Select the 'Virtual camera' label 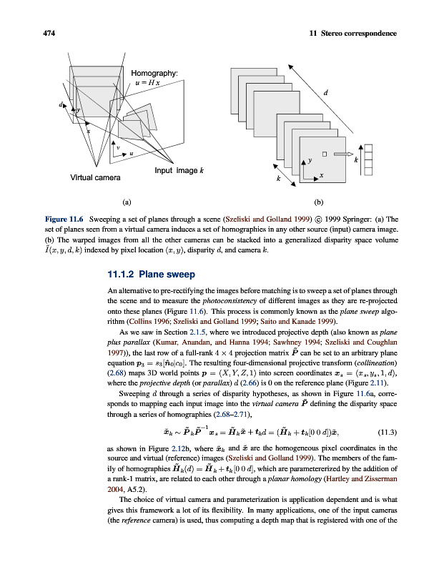tap(95, 177)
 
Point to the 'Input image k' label tap(179, 170)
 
